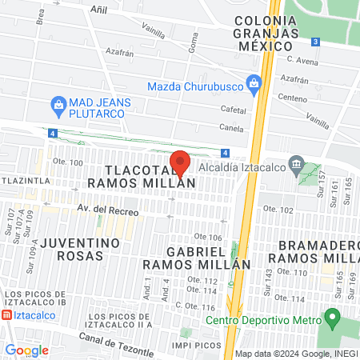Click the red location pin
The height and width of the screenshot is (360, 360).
[x=180, y=163]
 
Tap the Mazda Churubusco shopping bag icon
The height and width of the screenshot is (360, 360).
[x=254, y=82]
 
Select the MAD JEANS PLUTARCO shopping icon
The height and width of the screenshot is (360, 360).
[x=58, y=103]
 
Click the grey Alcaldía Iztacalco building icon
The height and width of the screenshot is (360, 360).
[x=297, y=166]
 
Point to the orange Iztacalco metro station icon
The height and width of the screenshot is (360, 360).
[x=7, y=316]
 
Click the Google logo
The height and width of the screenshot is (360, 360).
[x=26, y=350]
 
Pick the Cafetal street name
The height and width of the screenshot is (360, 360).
[x=234, y=110]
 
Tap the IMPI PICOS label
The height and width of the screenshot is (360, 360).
[x=196, y=345]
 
